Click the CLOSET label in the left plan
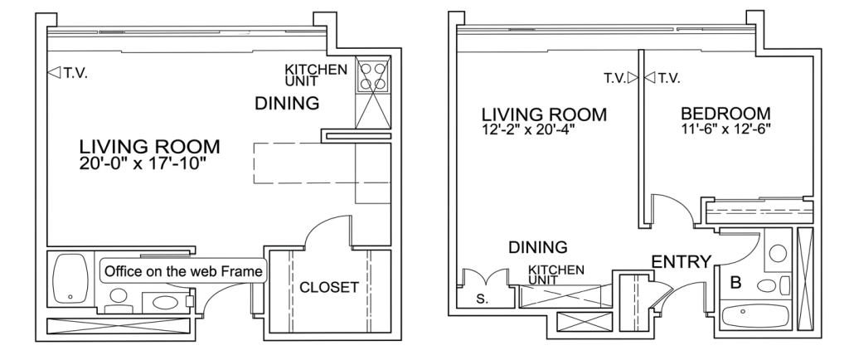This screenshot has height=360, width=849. (x=328, y=288)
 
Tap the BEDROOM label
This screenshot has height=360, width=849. (x=725, y=114)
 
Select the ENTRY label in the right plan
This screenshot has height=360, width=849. (x=681, y=262)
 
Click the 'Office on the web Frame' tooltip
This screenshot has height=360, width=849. (x=183, y=271)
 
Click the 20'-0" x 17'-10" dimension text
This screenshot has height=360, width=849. (x=143, y=163)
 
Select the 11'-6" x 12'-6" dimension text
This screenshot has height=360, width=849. (x=725, y=129)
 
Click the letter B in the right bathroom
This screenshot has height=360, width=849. (x=735, y=283)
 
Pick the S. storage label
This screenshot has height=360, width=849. (x=481, y=299)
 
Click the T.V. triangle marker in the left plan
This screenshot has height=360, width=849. (x=54, y=72)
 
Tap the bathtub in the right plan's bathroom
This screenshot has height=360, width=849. (x=755, y=315)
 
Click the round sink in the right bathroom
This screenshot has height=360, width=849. (x=778, y=253)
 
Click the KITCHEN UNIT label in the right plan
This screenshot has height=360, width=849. (x=556, y=275)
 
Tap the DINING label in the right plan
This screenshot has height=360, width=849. (x=537, y=247)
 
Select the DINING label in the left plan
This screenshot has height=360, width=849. (x=287, y=103)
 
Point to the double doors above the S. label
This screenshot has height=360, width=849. (x=486, y=277)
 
